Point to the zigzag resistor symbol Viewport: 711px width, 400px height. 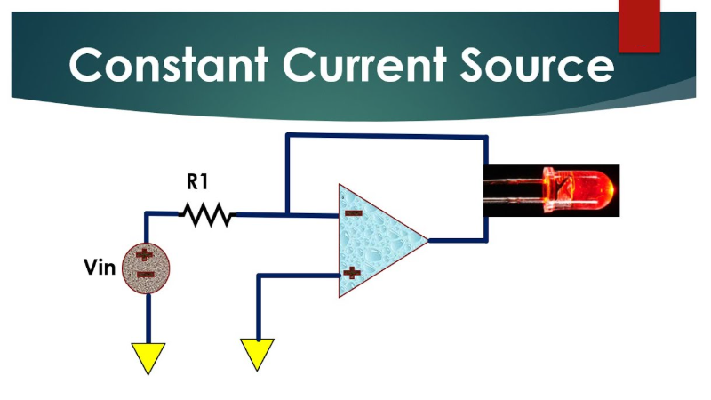tap(206, 214)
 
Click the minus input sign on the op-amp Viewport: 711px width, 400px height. tap(353, 213)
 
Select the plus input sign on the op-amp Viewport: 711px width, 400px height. tap(353, 272)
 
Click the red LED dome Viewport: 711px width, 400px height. tap(592, 190)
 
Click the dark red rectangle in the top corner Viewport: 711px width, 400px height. tap(640, 24)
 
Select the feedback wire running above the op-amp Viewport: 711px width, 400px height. tap(386, 136)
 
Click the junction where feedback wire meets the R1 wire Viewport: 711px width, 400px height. tap(286, 214)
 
